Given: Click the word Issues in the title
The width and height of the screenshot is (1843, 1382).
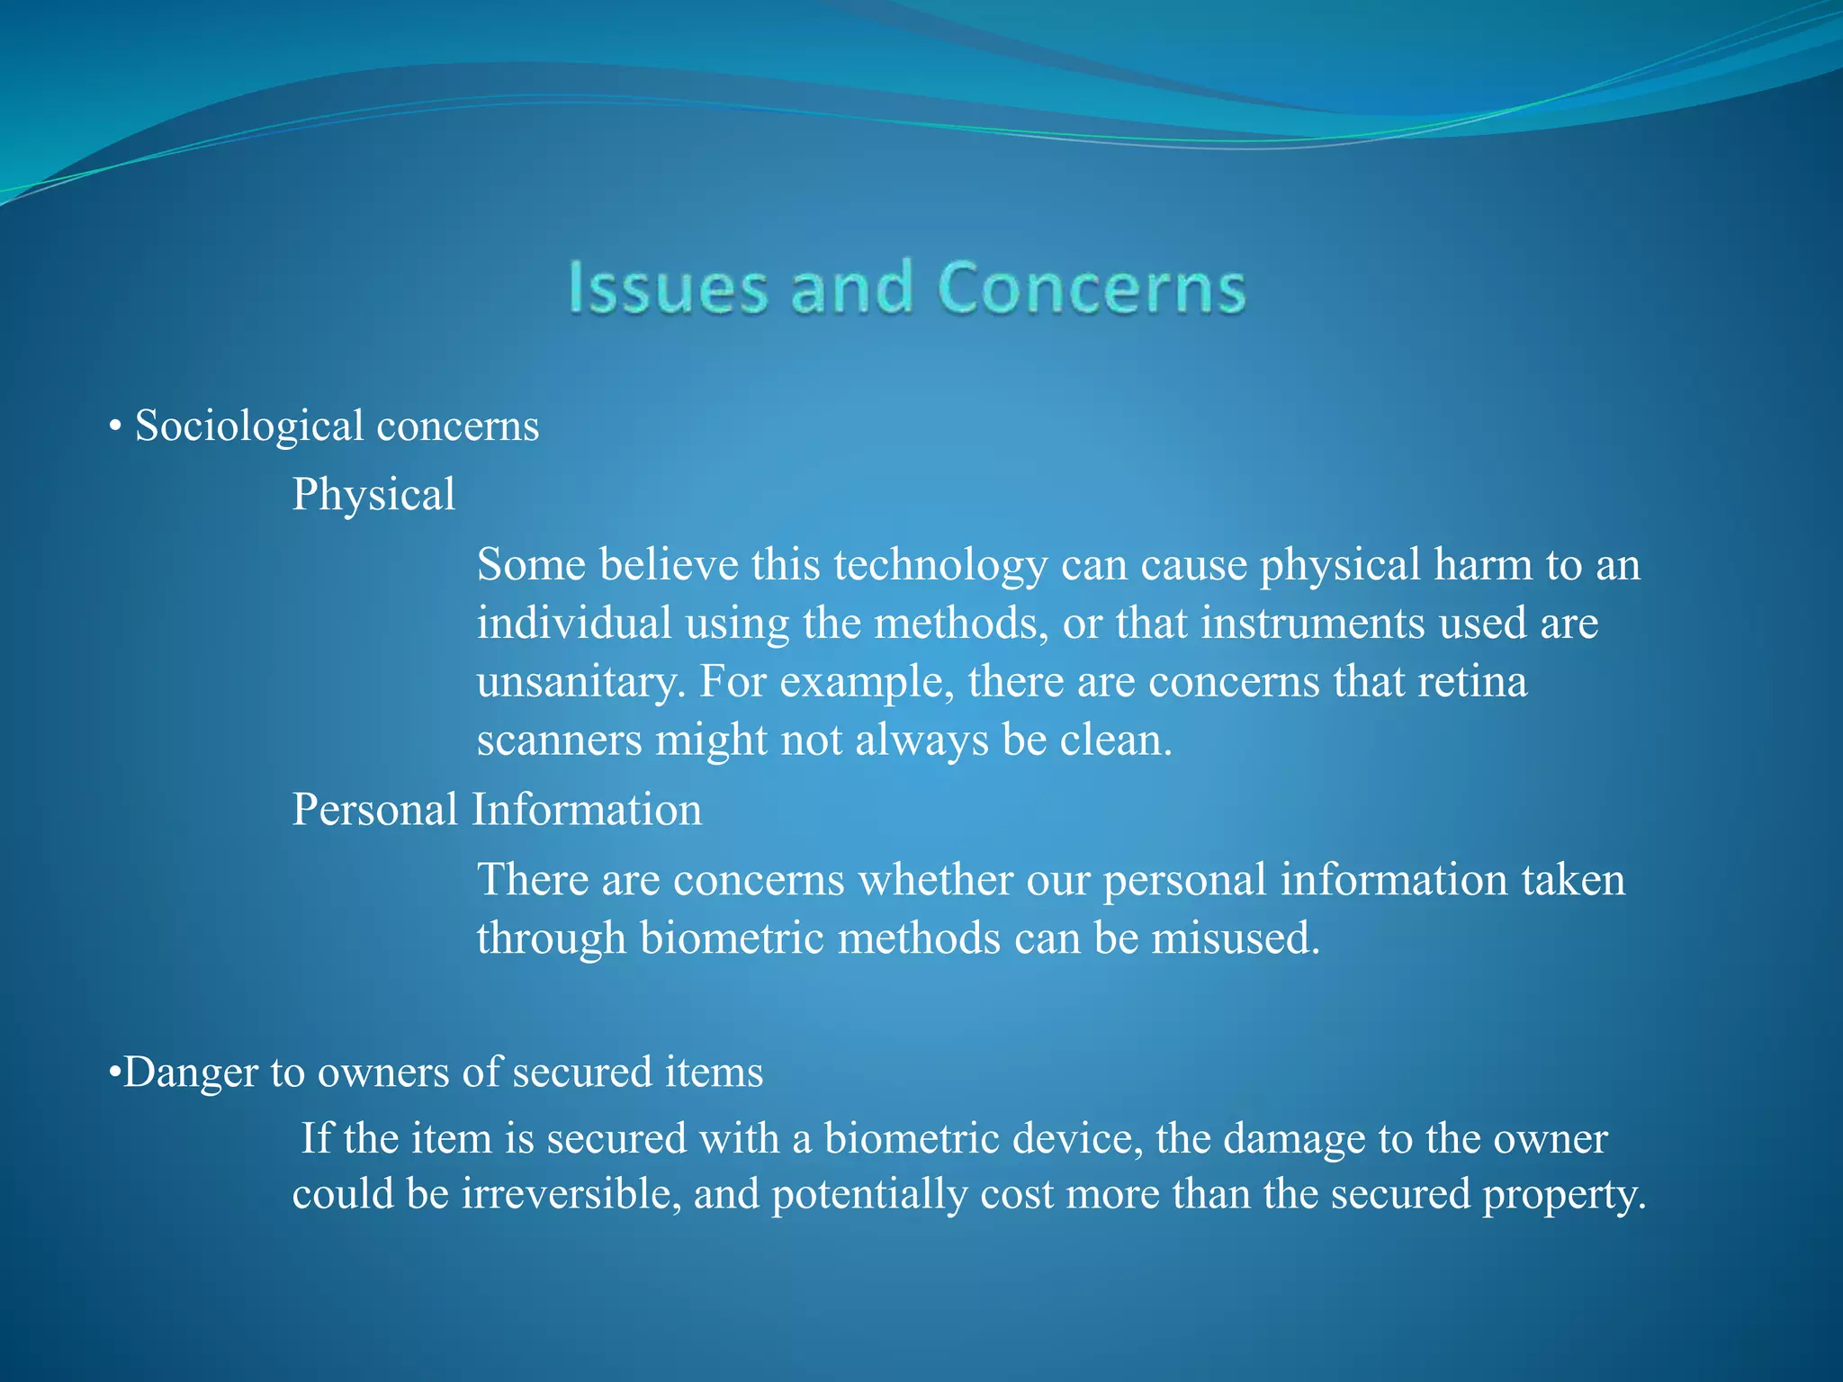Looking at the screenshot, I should [x=667, y=288].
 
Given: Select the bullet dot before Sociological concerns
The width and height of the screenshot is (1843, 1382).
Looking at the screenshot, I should [x=114, y=427].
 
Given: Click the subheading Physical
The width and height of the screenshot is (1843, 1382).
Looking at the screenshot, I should [x=373, y=495].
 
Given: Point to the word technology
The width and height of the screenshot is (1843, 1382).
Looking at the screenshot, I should [x=939, y=565].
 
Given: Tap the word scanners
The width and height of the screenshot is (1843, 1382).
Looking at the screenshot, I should [x=559, y=740].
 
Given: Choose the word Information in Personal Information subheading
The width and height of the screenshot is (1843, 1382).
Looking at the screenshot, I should [x=587, y=810].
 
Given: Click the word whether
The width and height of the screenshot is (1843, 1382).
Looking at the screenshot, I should [x=935, y=879].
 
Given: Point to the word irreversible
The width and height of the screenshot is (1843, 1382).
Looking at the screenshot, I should [x=571, y=1194].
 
